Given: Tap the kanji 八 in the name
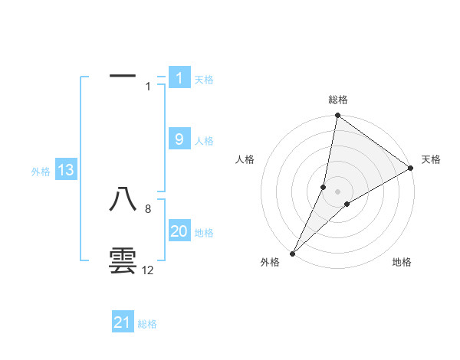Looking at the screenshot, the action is coord(123,199).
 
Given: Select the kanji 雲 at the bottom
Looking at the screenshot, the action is coord(123,260).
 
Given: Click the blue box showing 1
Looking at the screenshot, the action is coord(179,78).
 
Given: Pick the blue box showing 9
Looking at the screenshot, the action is coord(179,139).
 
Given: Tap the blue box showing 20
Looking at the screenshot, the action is coord(179,232).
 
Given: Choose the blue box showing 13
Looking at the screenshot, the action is coord(66,171).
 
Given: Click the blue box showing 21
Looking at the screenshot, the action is coord(123,322).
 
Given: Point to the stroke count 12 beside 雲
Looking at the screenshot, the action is coord(147,270).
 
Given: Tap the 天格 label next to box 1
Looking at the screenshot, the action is coord(204,79).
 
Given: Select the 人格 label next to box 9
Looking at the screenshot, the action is coord(204,140).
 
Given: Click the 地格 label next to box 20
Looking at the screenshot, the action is coord(204,233).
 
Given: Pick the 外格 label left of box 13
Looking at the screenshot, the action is coord(41,172).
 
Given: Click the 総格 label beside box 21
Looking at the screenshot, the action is coord(147,324).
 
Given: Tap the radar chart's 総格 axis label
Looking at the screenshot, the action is coord(337,100).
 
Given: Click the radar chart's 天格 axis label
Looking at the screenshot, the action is coord(431,159).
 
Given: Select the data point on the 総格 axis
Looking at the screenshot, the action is coord(337,116).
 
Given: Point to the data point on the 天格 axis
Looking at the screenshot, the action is coord(411,168).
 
